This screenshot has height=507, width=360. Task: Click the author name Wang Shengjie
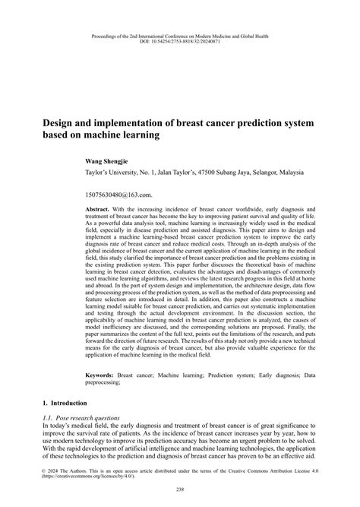[111, 162]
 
